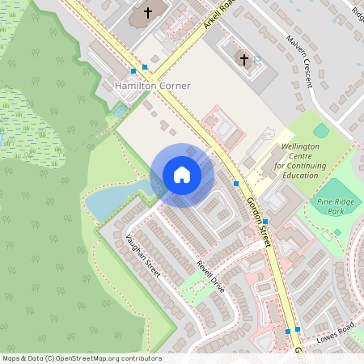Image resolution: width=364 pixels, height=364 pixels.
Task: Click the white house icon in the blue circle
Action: pos(182,175)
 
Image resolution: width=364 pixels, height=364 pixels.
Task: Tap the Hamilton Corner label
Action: pos(153,86)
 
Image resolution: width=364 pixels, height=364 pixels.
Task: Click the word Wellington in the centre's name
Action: pos(302,147)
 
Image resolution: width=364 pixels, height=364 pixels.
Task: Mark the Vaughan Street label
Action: pos(143,256)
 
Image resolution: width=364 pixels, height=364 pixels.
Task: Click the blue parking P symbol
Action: pos(257,60)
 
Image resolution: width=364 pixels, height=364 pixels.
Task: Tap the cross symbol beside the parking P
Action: pos(244,59)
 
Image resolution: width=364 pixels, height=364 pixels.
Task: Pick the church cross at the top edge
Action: pos(147,13)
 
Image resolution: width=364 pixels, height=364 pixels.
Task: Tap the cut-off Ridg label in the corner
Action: pos(356,13)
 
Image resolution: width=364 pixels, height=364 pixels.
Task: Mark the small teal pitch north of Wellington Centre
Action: pos(320,130)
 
